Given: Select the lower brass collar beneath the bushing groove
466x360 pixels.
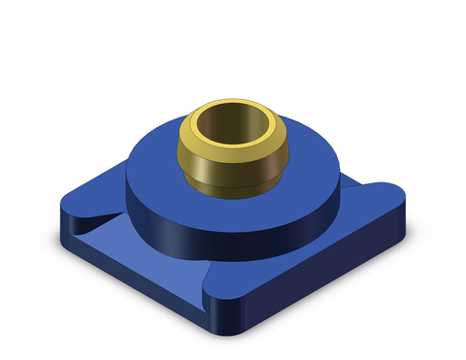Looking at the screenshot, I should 233,184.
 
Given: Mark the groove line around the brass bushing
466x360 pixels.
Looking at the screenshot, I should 233,177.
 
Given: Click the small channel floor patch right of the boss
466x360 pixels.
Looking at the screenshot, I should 353,189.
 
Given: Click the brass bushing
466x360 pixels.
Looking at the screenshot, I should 233,155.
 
